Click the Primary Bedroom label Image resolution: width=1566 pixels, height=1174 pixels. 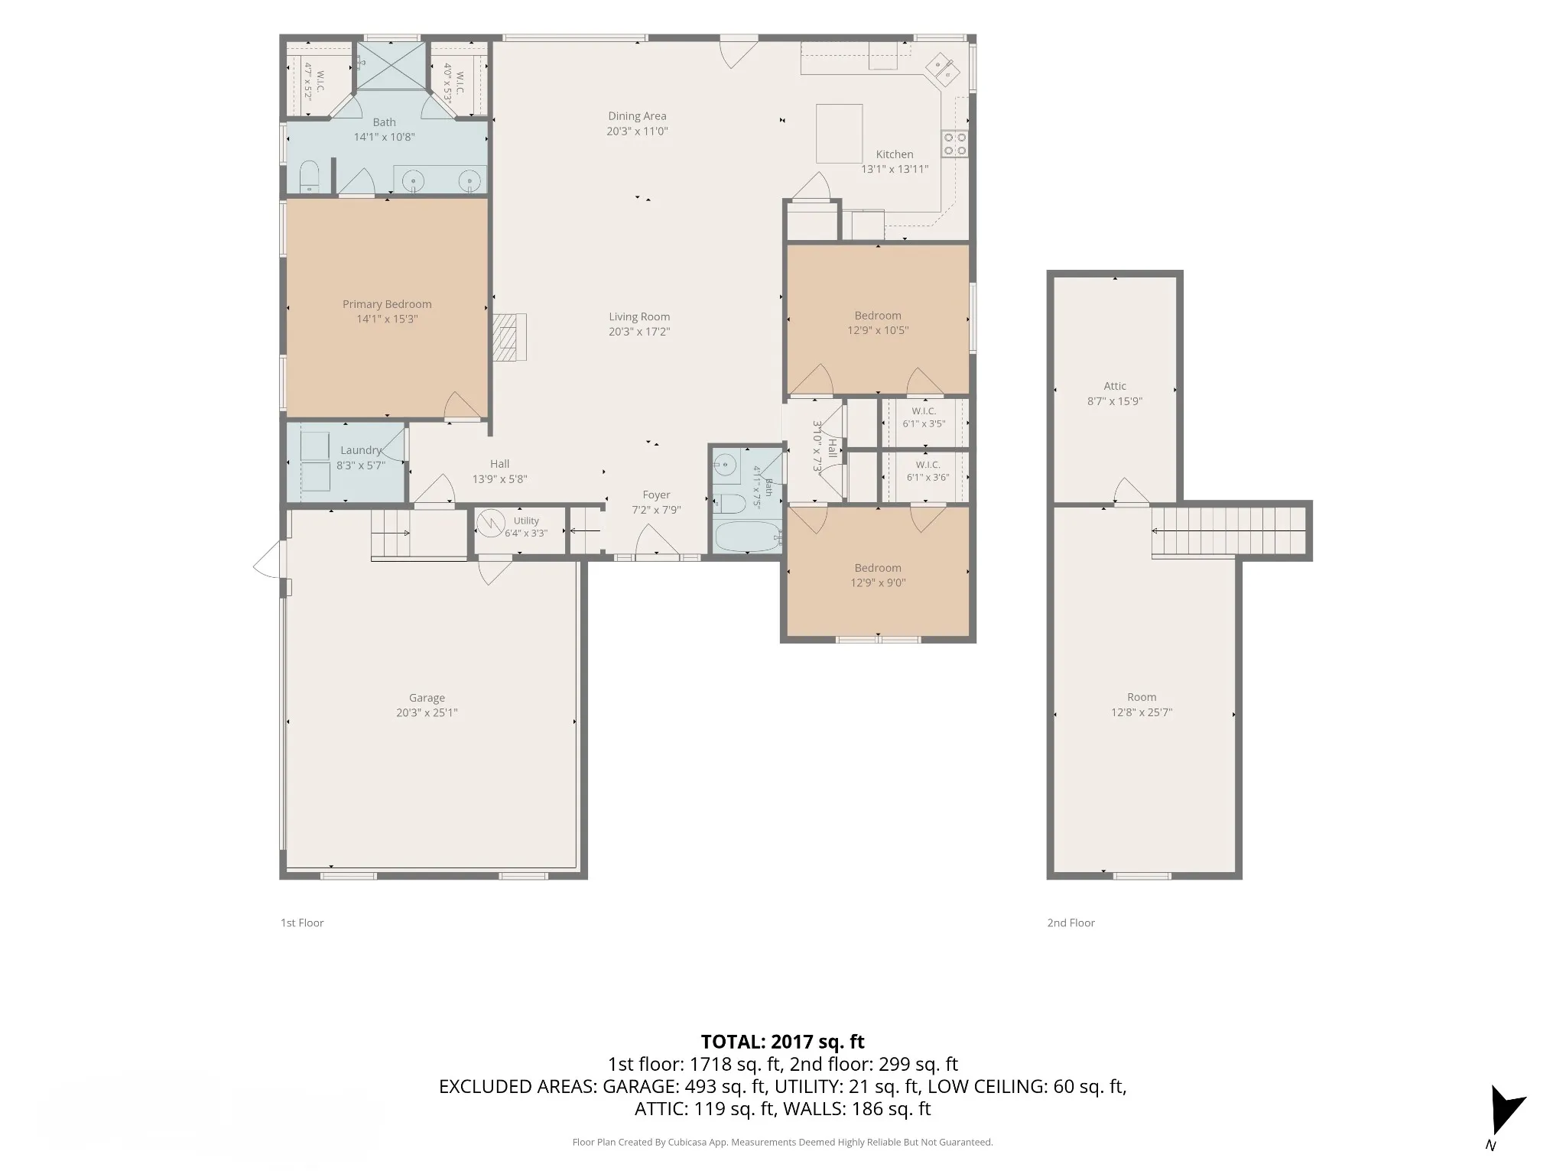(387, 304)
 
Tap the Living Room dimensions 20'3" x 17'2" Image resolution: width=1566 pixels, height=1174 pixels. (638, 332)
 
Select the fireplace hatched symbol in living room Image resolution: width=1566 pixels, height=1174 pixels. (509, 337)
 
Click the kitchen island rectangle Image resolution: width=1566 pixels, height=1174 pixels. (839, 134)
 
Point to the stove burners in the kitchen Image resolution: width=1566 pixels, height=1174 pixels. (954, 144)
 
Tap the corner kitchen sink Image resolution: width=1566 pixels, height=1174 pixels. (943, 70)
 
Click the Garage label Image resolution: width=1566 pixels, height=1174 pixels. (427, 698)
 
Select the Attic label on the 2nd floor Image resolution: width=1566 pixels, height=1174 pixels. (1115, 386)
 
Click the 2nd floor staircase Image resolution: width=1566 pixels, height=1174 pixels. (1229, 530)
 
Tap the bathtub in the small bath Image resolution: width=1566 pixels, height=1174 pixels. (748, 537)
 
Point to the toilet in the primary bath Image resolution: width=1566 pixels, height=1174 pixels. (309, 177)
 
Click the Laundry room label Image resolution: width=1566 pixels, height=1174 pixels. (361, 450)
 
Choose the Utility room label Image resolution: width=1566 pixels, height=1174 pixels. (526, 521)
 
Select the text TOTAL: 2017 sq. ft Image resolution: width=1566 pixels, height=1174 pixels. (782, 1042)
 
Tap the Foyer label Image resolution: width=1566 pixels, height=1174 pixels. (656, 495)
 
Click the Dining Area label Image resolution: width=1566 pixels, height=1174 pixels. (637, 116)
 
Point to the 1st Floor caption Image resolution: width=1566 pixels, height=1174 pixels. (302, 923)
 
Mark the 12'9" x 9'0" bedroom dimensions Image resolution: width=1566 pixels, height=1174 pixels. (878, 583)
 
